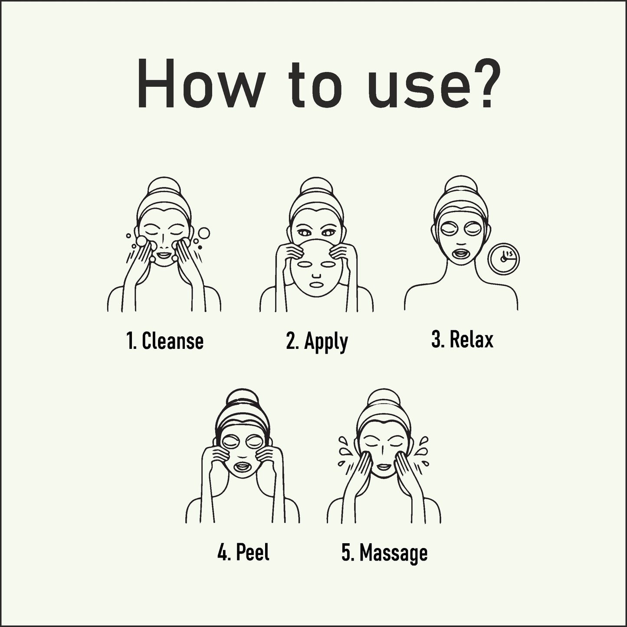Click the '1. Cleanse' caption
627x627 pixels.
click(164, 341)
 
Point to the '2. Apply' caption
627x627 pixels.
click(317, 341)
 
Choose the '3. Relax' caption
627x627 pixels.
click(462, 339)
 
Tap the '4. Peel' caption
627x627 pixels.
click(243, 552)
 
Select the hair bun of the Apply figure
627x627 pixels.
click(315, 186)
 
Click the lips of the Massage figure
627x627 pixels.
click(383, 466)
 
